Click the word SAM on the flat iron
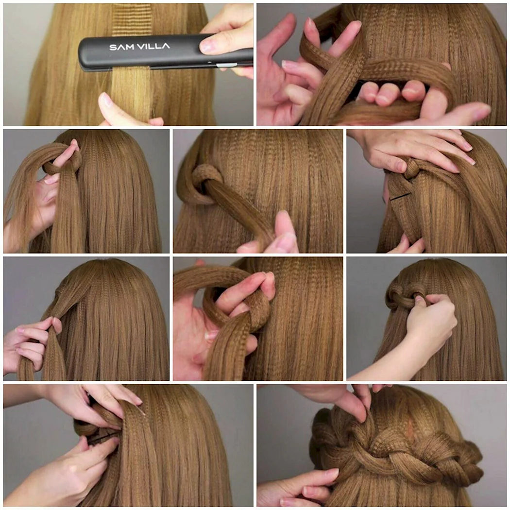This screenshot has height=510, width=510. (121, 47)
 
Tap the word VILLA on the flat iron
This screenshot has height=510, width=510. (153, 46)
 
